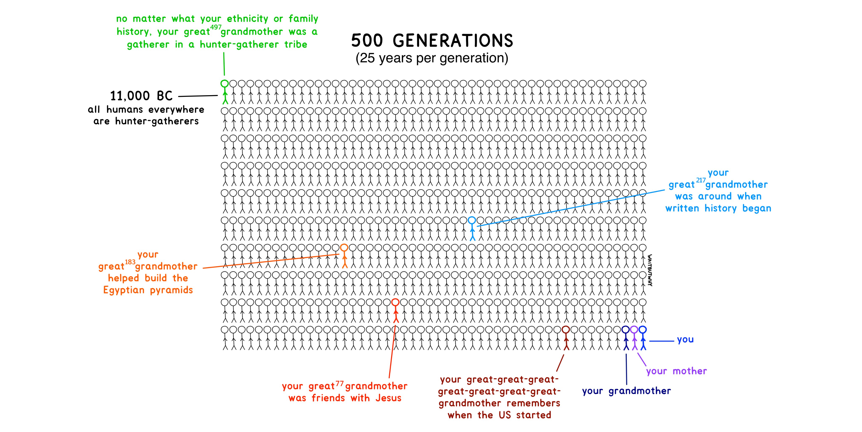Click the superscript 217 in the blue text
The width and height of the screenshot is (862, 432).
point(701,180)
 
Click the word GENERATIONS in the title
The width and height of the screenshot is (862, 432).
point(453,41)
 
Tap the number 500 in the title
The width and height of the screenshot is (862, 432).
point(367,41)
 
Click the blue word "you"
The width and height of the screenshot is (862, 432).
point(685,340)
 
